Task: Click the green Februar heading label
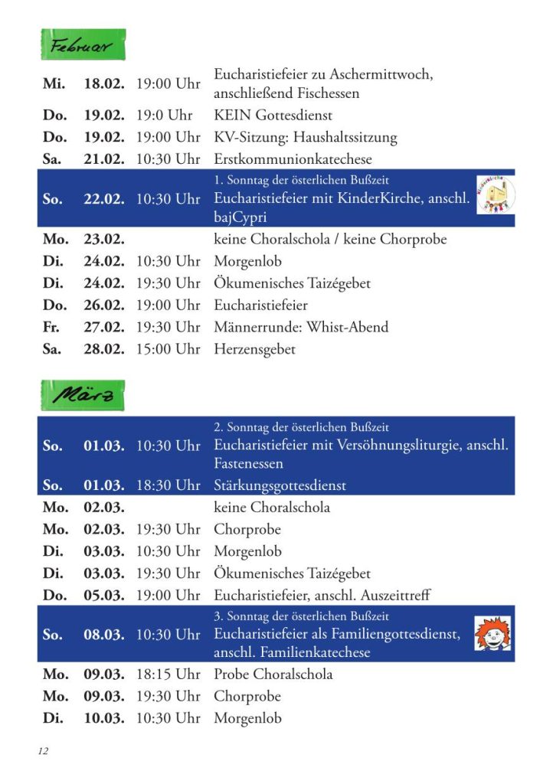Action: (x=82, y=45)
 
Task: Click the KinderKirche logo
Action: (x=495, y=195)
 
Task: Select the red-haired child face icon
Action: (x=492, y=634)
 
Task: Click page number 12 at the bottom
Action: (x=43, y=751)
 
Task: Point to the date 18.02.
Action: (x=103, y=84)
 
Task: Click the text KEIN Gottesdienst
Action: (x=273, y=116)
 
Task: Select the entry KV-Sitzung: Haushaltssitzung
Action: (x=305, y=138)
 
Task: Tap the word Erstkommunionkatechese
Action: (x=293, y=159)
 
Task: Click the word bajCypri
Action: (x=241, y=217)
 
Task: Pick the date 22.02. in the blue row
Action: (x=103, y=199)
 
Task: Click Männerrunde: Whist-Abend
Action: (x=301, y=327)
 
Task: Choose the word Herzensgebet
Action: (x=254, y=349)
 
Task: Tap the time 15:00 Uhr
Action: (x=168, y=349)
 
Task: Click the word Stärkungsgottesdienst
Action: (x=280, y=485)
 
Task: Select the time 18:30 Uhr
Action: (x=168, y=485)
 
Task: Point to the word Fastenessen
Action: (x=248, y=464)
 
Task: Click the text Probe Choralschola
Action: (x=273, y=675)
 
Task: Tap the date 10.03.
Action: (x=103, y=718)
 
